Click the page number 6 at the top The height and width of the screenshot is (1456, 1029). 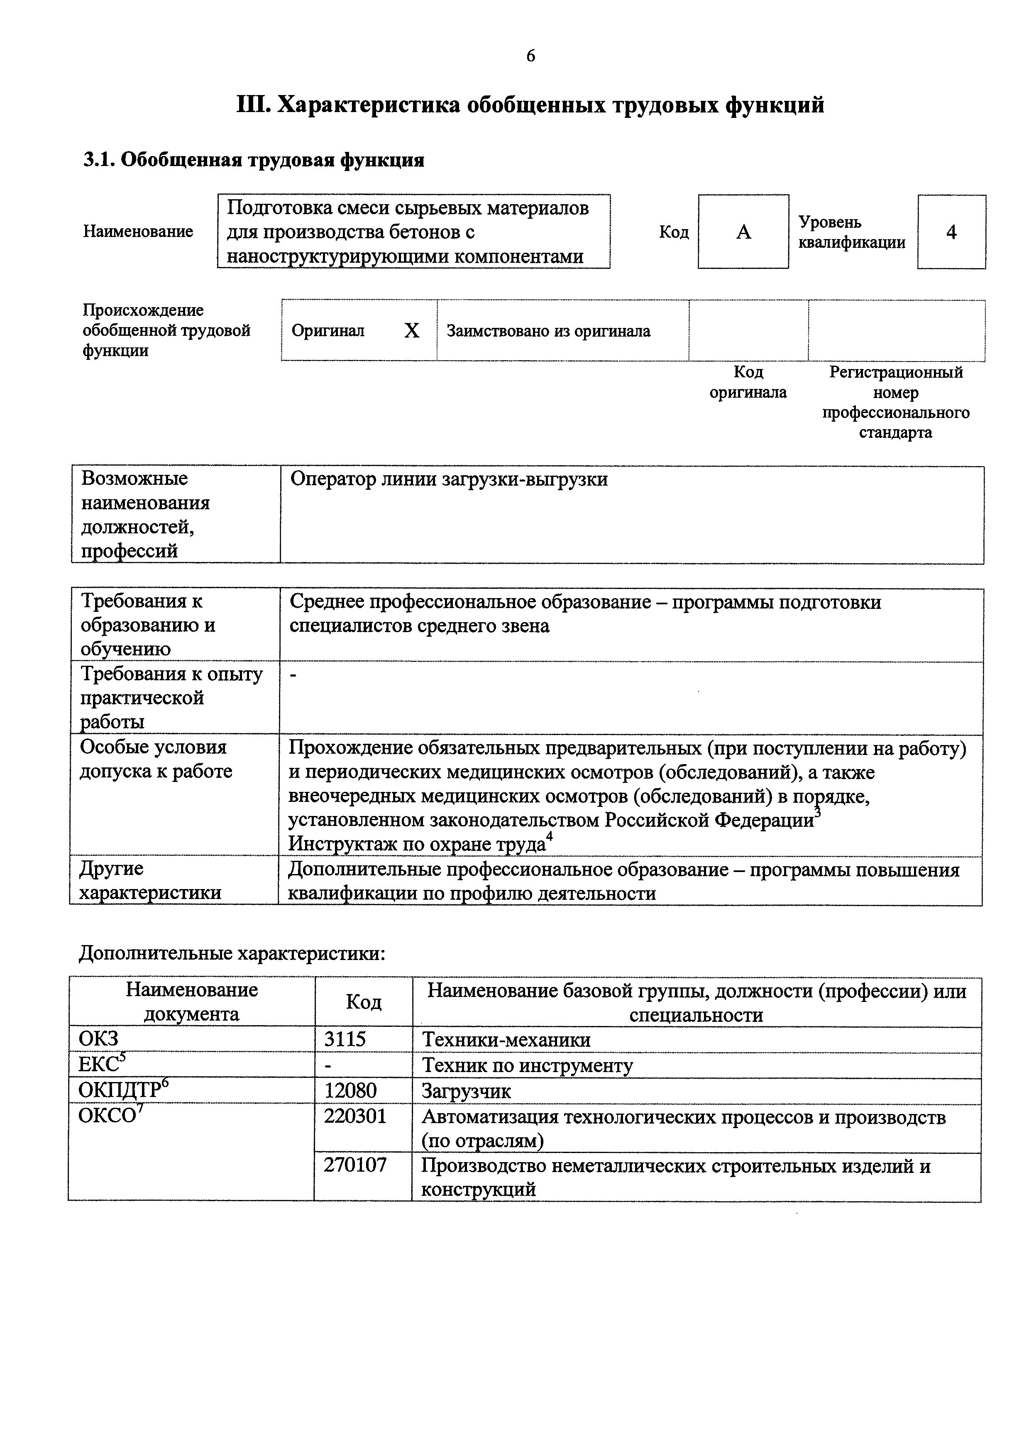click(530, 56)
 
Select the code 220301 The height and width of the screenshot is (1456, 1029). click(355, 1116)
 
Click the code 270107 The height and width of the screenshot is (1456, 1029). click(355, 1165)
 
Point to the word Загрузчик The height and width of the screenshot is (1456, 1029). click(466, 1091)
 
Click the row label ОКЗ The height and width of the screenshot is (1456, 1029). click(98, 1039)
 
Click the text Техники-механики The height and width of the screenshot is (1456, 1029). click(506, 1040)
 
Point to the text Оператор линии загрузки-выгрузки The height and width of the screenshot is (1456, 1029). click(449, 479)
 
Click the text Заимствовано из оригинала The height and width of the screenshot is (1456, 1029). click(548, 331)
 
